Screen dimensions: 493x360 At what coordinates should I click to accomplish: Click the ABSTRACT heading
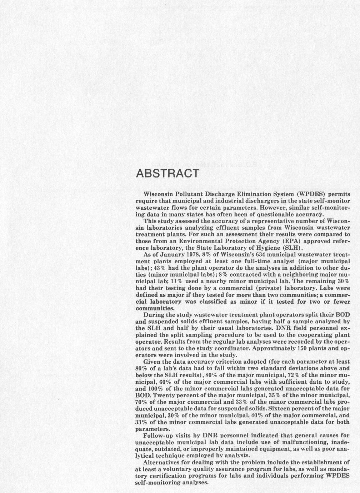pos(167,174)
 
